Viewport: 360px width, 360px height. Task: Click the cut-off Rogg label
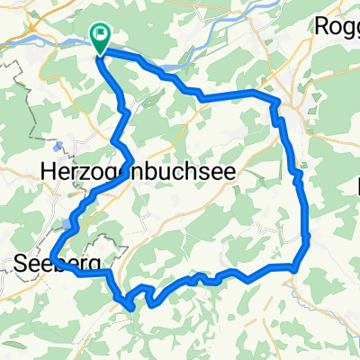click(x=337, y=26)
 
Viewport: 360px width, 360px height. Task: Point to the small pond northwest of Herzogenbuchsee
click(x=58, y=144)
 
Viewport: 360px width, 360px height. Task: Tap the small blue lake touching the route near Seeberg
click(x=67, y=222)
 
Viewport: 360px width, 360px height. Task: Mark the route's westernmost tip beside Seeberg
click(x=53, y=257)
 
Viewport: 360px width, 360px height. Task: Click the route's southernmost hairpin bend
click(x=133, y=308)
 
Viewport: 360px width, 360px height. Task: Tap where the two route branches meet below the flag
click(x=102, y=56)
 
